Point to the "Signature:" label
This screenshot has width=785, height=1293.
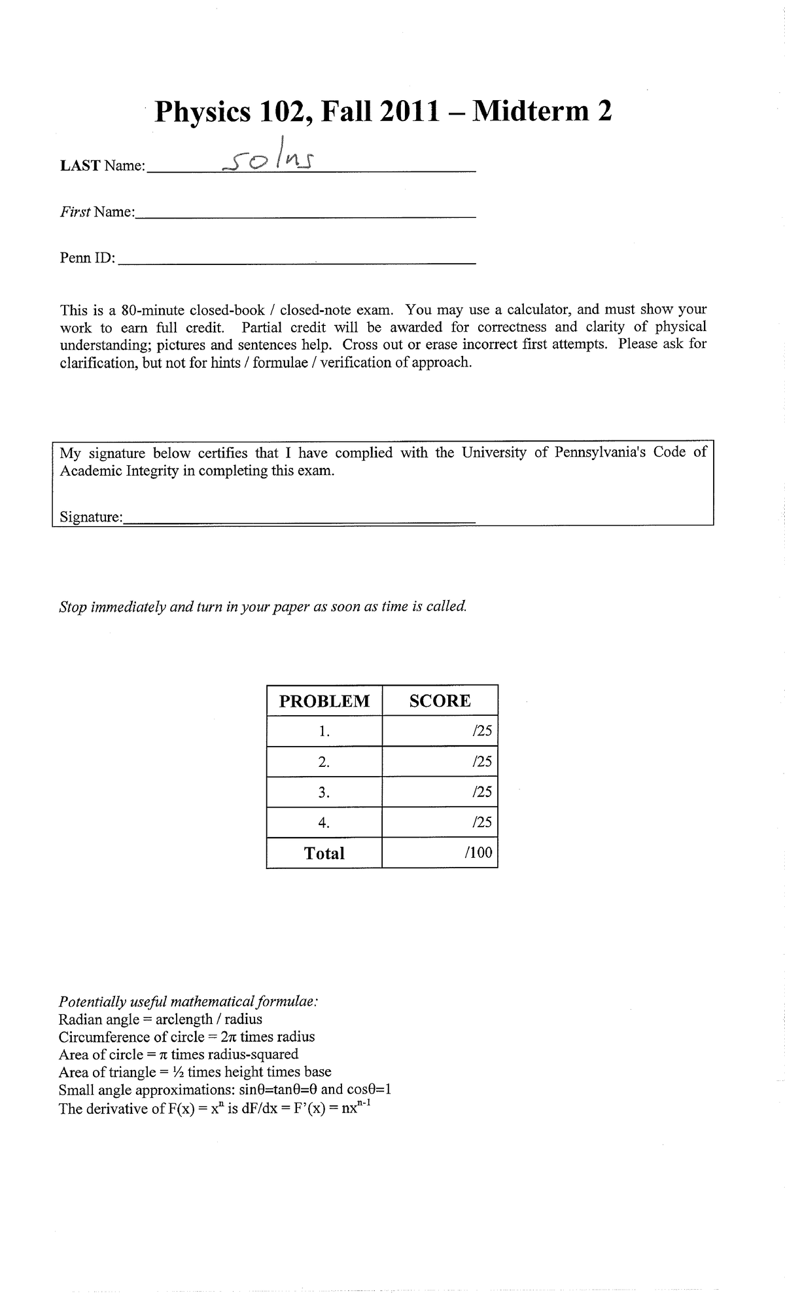(x=91, y=517)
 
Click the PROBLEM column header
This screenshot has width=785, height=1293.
(x=324, y=701)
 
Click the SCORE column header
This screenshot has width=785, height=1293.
(x=440, y=701)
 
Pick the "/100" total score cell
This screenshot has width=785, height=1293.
(x=480, y=853)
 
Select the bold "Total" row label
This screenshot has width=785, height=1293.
(x=324, y=853)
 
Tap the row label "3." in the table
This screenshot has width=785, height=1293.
(x=324, y=792)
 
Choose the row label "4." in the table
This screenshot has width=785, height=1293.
(x=324, y=823)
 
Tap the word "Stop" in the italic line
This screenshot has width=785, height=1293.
(x=73, y=607)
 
